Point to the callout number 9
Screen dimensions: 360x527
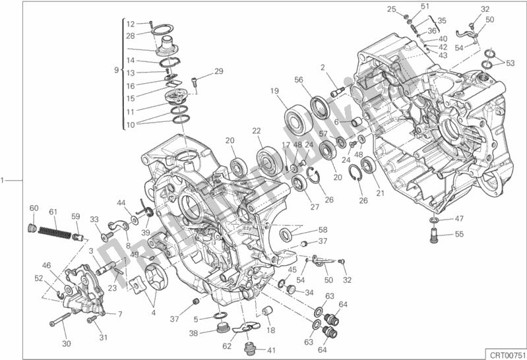(115, 69)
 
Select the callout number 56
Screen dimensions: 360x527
(299, 80)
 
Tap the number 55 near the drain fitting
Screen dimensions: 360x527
(459, 234)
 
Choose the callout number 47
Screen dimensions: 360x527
(459, 218)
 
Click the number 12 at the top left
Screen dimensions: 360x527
(131, 24)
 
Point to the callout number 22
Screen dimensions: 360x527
(257, 131)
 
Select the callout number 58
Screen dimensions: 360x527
(323, 229)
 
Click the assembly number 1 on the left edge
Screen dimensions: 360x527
(4, 179)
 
